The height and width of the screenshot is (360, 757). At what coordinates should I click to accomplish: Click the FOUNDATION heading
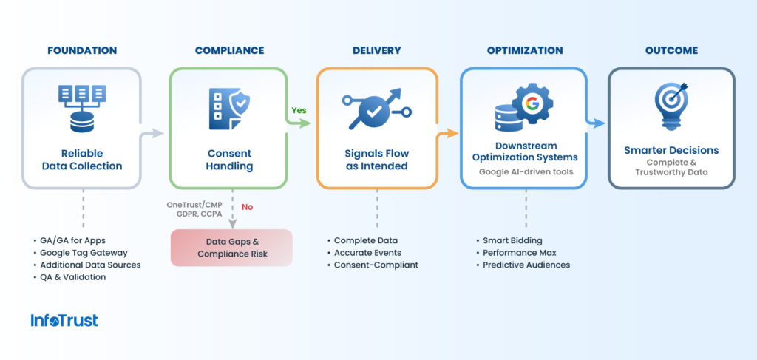click(x=82, y=51)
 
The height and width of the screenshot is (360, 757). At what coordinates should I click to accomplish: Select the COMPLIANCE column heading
click(x=229, y=51)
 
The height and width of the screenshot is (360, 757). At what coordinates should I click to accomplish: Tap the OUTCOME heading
click(x=671, y=51)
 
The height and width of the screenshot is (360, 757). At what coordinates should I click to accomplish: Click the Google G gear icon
click(x=531, y=103)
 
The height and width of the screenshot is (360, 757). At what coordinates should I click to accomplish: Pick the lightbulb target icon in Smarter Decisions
click(x=671, y=103)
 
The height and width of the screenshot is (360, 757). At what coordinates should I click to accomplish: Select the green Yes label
click(x=299, y=110)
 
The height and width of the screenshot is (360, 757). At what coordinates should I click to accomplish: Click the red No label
click(x=247, y=207)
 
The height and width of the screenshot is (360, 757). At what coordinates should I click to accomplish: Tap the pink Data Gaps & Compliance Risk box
click(x=231, y=247)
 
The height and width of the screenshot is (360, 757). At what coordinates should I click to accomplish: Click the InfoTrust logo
click(x=64, y=320)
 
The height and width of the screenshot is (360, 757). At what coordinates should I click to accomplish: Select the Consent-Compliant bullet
click(x=376, y=265)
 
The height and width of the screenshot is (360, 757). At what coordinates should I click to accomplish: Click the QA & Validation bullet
click(x=73, y=276)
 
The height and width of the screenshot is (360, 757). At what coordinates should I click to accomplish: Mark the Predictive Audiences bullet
click(x=526, y=265)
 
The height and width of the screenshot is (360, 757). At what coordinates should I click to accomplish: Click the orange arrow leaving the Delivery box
click(x=447, y=134)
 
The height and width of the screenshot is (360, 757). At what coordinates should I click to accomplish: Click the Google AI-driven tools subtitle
click(x=525, y=171)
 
